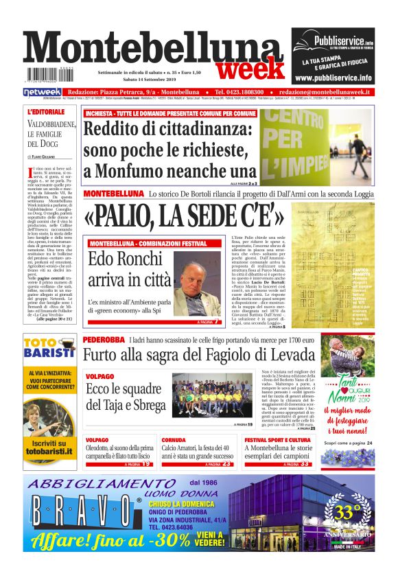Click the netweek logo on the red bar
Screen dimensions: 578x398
point(43,92)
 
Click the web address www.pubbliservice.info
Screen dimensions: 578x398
point(333,78)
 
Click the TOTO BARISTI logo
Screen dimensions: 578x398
point(49,348)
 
